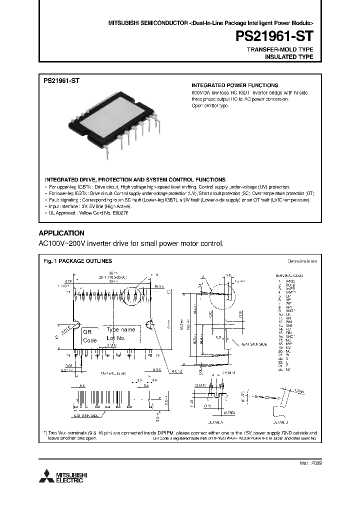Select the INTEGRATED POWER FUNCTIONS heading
point(235,85)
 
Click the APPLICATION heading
point(61,233)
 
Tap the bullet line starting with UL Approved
point(88,212)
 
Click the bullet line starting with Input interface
point(90,206)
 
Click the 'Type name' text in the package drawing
point(120,330)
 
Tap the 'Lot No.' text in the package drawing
point(116,338)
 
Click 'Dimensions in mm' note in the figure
point(301,261)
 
